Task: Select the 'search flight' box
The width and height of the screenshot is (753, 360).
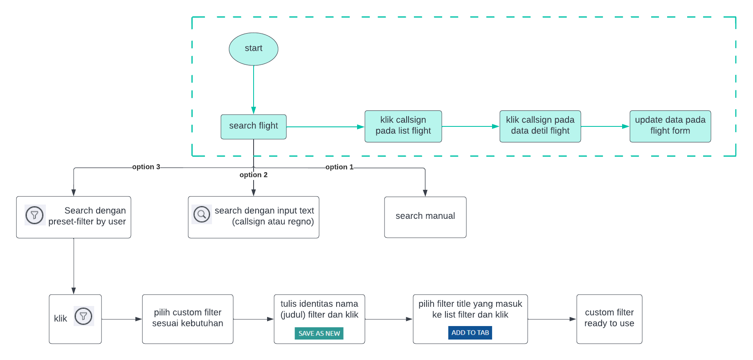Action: pos(253,126)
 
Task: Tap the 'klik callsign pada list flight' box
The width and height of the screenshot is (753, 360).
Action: pos(403,126)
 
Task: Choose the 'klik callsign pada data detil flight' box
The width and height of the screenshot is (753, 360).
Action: pos(539,126)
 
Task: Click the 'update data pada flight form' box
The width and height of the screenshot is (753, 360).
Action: pos(670,126)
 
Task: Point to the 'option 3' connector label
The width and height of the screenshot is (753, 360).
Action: pos(146,167)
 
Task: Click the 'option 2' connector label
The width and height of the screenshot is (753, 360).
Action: pos(253,175)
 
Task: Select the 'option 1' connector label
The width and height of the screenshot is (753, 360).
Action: pos(339,167)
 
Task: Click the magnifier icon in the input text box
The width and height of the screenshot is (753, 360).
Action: pos(202,214)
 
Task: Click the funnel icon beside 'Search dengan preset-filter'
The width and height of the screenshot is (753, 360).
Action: pos(35,215)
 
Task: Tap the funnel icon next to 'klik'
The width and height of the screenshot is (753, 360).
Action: pos(83,316)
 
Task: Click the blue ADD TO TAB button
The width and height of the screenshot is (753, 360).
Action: pos(470,333)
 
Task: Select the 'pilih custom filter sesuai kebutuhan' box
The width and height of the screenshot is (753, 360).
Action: pos(187,319)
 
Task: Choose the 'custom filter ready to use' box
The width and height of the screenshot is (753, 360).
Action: pos(609,319)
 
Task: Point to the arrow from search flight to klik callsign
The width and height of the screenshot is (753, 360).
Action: pos(325,127)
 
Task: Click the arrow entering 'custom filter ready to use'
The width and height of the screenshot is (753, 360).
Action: pos(552,319)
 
